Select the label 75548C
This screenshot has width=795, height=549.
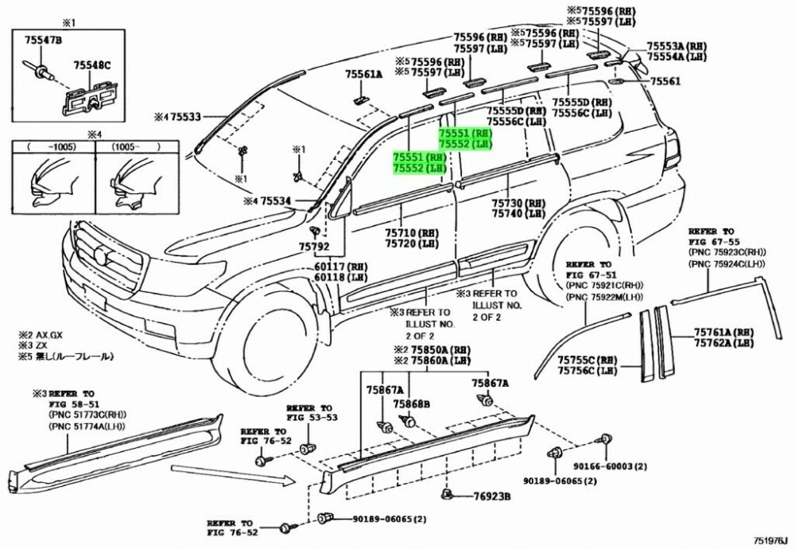(92, 65)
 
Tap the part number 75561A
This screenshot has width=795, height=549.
(363, 74)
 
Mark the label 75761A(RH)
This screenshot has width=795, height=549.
(723, 332)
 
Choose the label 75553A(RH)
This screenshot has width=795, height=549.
(677, 47)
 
